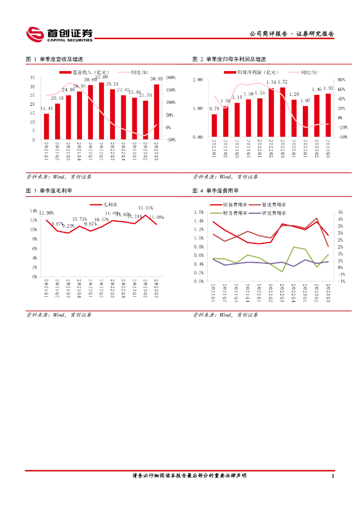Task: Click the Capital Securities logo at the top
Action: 59,34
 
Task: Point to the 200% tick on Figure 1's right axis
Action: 171,78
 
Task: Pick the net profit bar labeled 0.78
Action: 214,125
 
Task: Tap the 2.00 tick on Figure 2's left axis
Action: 198,80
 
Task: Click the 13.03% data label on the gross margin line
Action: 145,208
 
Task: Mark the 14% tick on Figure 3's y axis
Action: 34,211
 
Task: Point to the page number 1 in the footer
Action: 333,476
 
